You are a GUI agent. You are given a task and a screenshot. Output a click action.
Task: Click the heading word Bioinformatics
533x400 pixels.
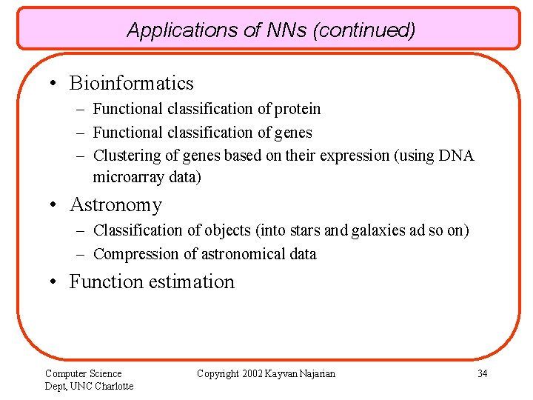(x=131, y=84)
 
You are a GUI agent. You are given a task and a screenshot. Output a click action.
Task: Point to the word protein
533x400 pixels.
(x=298, y=110)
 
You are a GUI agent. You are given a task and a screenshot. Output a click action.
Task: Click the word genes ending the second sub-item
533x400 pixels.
(x=293, y=133)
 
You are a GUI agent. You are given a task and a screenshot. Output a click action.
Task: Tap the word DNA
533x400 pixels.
(x=457, y=156)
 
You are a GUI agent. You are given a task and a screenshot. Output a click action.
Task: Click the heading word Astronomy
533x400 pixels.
(x=115, y=204)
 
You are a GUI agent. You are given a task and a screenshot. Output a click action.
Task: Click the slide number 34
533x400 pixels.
(x=482, y=373)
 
